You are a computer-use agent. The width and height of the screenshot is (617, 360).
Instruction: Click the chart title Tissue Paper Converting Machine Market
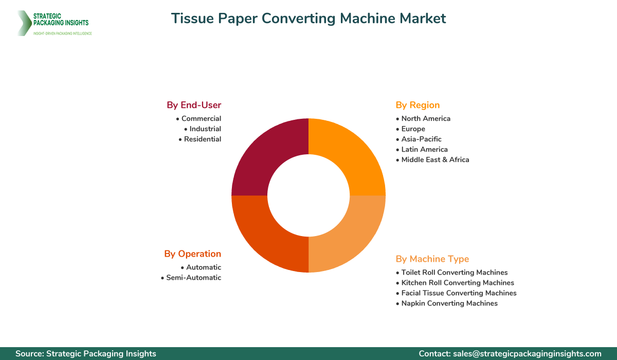[308, 19]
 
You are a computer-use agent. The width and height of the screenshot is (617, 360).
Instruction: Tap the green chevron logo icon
[25, 23]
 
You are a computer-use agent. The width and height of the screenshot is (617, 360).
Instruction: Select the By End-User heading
[194, 105]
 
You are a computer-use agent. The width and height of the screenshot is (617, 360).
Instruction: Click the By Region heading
[418, 105]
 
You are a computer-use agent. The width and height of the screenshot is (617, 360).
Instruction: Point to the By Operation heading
[192, 254]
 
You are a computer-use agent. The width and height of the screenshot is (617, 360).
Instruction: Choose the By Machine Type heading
[432, 259]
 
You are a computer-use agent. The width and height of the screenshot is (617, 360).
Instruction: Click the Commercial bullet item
[198, 118]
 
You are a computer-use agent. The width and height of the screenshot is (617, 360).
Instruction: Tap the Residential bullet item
[200, 139]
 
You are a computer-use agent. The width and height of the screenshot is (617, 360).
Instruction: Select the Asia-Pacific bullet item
[419, 139]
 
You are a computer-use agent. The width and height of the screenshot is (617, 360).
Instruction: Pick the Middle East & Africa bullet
[432, 160]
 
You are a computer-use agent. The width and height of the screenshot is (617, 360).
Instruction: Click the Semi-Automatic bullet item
[191, 278]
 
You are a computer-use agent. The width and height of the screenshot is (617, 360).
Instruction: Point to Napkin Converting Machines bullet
[447, 303]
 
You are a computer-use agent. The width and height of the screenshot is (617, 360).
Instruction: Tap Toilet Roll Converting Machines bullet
[452, 273]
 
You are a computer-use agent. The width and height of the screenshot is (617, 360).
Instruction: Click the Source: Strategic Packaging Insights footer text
[86, 354]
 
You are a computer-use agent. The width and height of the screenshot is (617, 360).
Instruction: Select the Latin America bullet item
[422, 149]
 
